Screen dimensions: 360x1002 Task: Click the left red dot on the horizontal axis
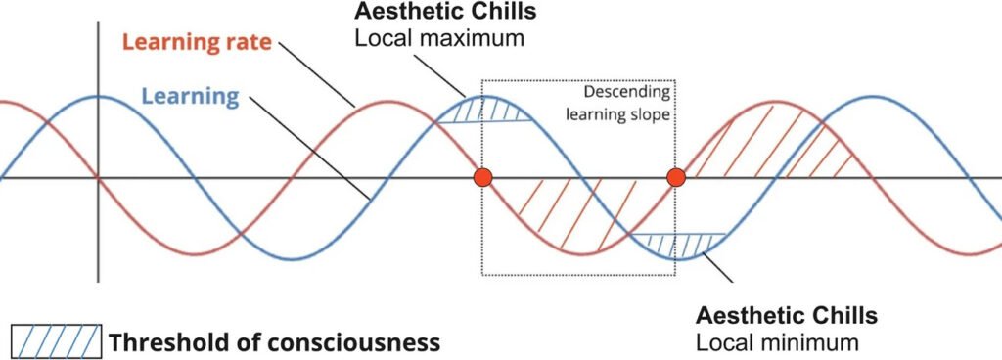point(482,178)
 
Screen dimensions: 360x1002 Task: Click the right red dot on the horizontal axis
point(675,178)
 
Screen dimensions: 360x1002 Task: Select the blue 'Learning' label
point(190,96)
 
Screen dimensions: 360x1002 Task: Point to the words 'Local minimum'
point(777,342)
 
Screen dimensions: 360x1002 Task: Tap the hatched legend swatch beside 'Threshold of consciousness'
point(56,341)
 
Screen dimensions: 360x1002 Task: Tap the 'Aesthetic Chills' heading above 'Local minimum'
point(787,316)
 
